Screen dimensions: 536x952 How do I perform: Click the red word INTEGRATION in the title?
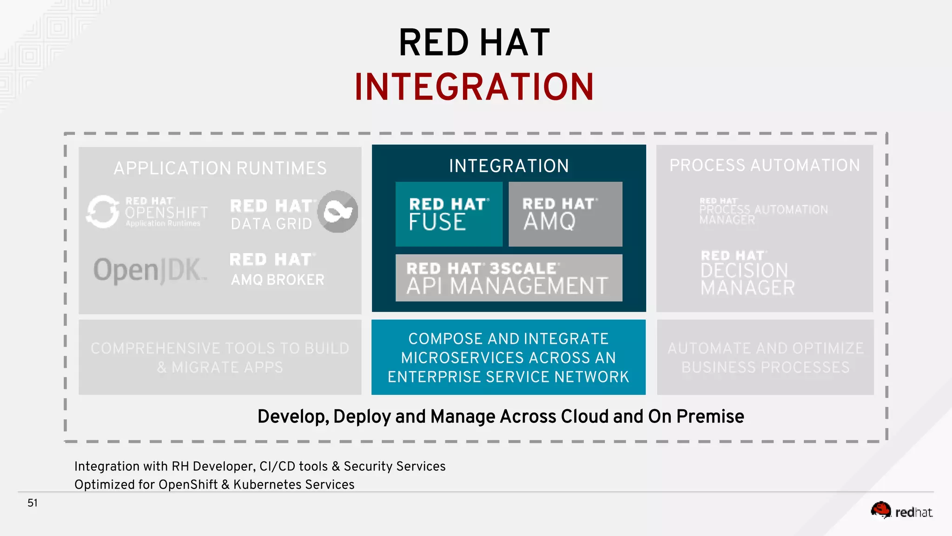474,87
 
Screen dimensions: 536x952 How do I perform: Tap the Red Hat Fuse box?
449,214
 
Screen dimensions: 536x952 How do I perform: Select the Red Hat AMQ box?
565,214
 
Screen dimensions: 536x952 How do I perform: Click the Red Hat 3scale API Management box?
509,278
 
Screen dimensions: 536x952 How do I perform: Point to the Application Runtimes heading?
220,168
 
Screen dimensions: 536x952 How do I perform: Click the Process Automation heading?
764,165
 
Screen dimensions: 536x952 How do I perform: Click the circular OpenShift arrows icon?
103,212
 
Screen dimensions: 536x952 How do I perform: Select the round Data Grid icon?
337,212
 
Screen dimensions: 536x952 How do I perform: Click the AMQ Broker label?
278,280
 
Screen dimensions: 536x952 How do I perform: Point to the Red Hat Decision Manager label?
747,274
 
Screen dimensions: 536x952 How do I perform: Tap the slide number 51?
33,503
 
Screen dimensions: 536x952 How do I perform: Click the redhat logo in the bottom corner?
901,511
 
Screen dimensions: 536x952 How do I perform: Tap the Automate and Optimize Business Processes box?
765,357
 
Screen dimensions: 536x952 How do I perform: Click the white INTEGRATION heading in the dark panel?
509,166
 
